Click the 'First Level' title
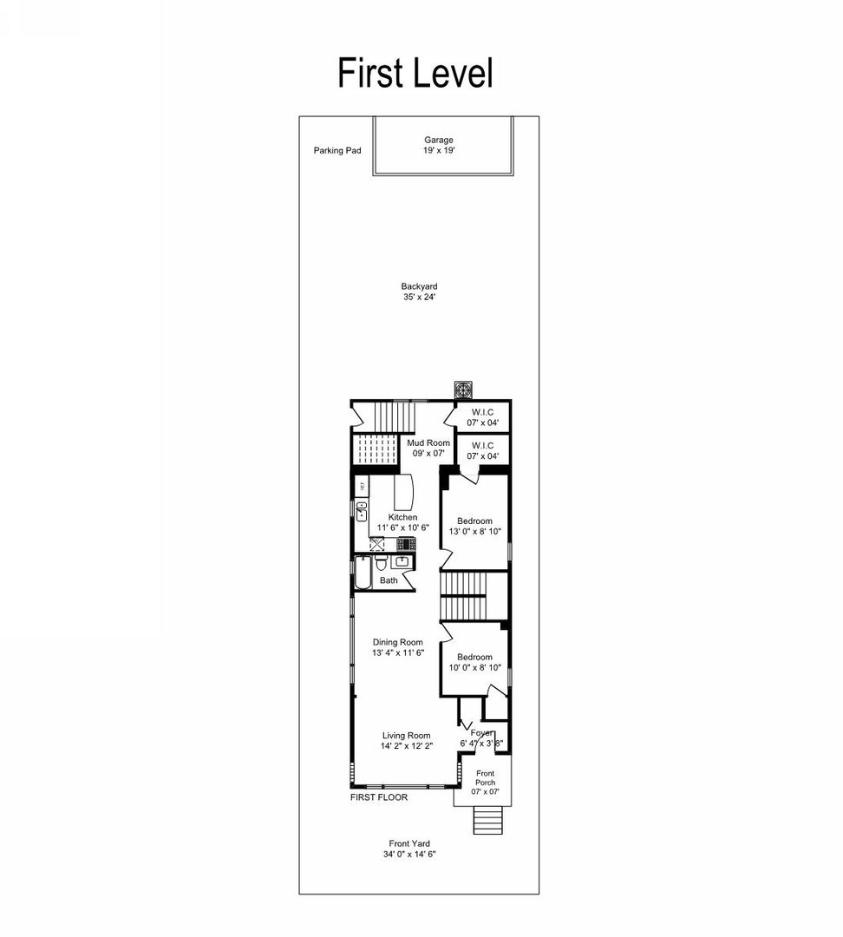pos(415,73)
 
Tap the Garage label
pos(438,140)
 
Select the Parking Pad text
pos(337,150)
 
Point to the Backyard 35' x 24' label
pos(419,292)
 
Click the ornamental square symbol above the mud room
pos(464,390)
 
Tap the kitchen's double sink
pos(361,510)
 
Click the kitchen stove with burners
pos(406,545)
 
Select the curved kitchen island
pos(405,493)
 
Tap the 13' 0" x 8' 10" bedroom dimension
pos(475,532)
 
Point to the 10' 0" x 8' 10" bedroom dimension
pos(475,668)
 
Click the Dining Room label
pos(397,643)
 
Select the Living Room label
pos(407,736)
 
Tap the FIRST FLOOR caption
pos(378,797)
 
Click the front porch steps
pos(487,818)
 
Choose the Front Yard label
pos(408,843)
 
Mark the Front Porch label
pos(485,773)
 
